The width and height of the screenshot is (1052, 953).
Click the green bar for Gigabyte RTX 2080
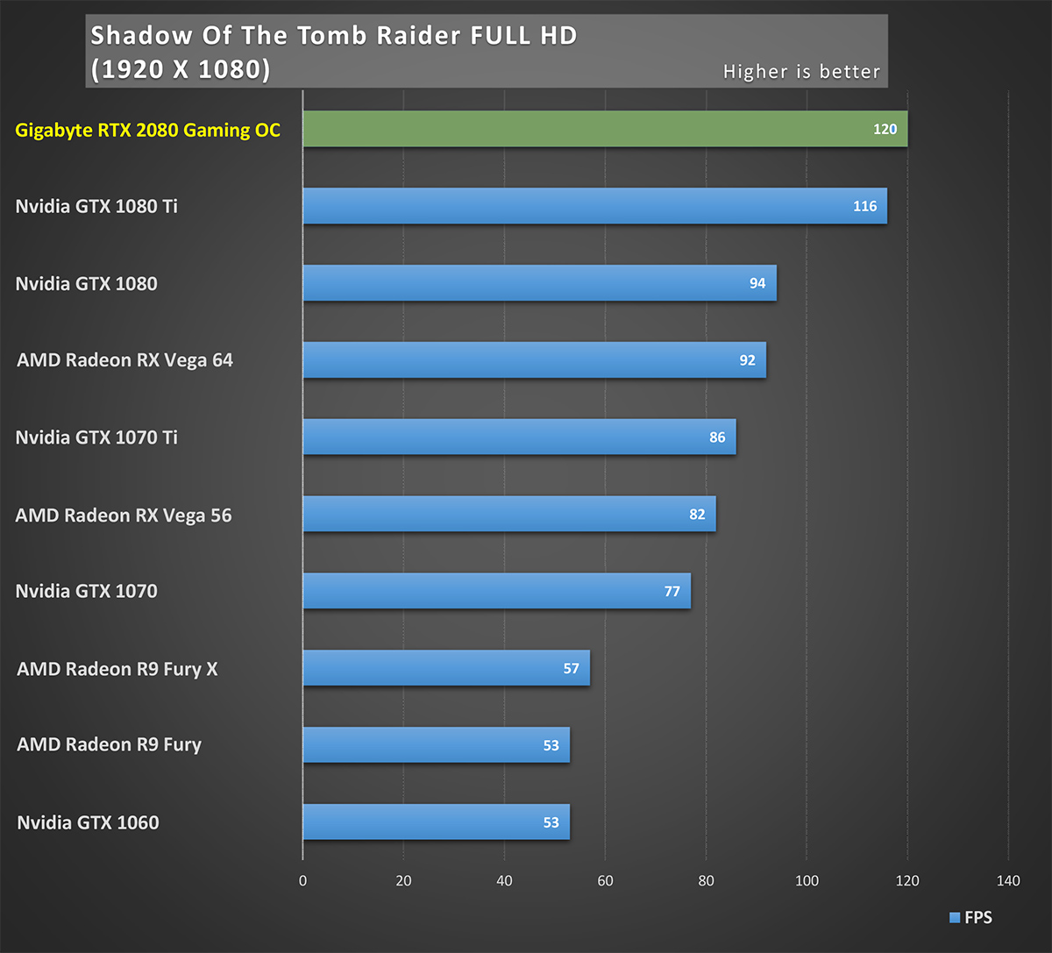tap(605, 129)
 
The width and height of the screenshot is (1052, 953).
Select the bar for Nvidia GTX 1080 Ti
tap(594, 206)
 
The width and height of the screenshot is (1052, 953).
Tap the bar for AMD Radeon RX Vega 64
tap(534, 360)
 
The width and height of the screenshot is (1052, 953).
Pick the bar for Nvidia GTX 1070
tap(496, 591)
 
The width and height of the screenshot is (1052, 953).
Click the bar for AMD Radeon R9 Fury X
tap(446, 668)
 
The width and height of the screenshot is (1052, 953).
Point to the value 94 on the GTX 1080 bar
tap(757, 283)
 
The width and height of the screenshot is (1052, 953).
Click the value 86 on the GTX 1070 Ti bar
tap(717, 437)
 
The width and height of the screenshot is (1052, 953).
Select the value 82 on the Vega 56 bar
tap(697, 515)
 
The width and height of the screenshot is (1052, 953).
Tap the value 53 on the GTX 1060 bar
tap(551, 822)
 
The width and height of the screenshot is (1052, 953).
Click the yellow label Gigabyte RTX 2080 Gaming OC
tap(148, 131)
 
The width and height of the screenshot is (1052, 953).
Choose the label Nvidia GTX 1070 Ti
tap(96, 437)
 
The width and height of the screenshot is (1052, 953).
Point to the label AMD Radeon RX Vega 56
tap(124, 515)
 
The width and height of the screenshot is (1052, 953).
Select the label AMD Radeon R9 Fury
tap(109, 744)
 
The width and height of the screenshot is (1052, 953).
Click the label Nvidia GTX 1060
tap(88, 822)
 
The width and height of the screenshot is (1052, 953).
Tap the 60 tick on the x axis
tap(605, 880)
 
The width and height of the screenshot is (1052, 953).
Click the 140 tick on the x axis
tap(1008, 880)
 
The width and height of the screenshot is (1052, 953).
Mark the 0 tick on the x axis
tap(302, 880)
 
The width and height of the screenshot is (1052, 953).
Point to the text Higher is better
tap(801, 72)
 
